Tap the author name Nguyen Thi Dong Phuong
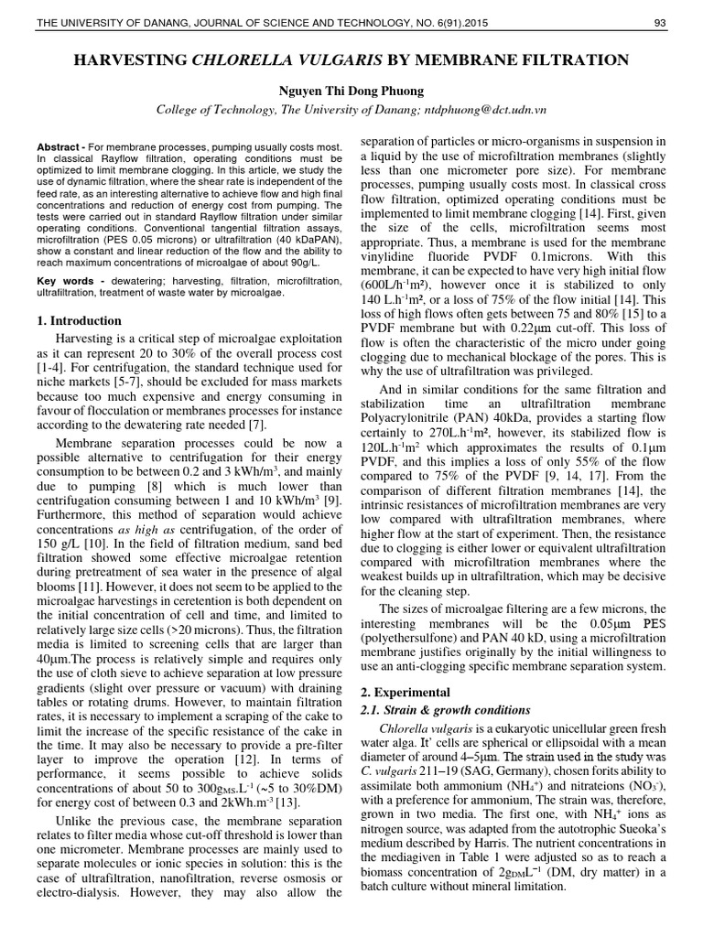point(351,90)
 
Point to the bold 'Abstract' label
point(58,147)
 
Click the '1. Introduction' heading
point(78,320)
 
